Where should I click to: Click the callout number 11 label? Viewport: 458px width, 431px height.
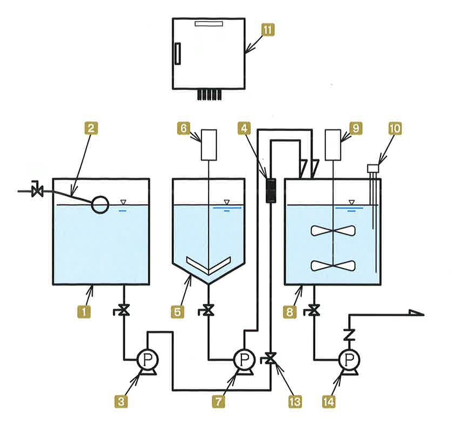268,30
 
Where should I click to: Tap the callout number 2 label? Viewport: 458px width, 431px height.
91,128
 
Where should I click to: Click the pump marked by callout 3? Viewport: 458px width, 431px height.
148,361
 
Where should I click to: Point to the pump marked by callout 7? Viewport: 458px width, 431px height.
244,361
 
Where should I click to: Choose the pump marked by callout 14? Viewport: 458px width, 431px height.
349,361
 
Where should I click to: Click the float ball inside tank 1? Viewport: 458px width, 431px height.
100,205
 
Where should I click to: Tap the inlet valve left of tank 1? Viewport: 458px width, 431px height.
37,190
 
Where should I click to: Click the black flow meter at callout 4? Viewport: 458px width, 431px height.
271,191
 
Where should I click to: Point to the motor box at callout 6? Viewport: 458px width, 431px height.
209,145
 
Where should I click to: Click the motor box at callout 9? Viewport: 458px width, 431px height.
333,145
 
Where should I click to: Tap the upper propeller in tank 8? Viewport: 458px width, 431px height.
334,231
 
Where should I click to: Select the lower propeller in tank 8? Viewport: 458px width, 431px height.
334,266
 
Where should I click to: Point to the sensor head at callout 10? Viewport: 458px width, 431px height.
373,169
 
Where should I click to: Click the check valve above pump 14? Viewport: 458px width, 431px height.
349,335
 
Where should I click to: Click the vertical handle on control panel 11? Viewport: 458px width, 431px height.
178,53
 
